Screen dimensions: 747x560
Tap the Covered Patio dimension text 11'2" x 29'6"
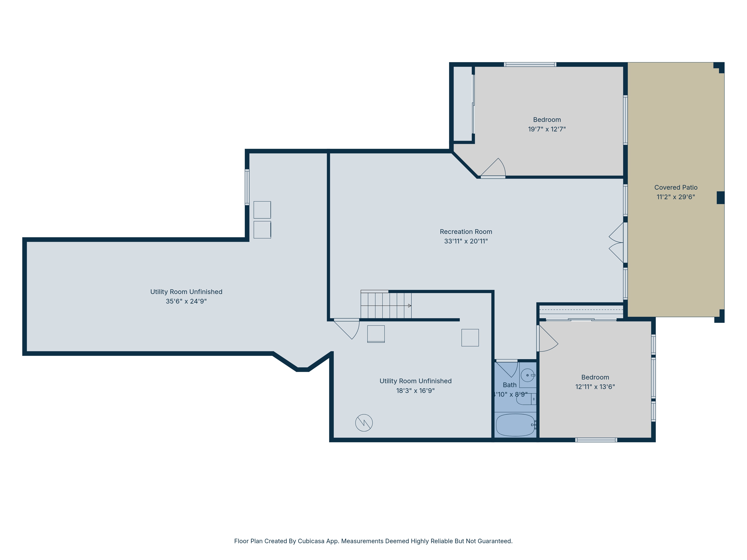(676, 197)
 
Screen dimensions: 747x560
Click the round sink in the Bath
(527, 375)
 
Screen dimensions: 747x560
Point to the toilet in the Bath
(526, 399)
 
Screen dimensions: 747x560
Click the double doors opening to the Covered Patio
(617, 242)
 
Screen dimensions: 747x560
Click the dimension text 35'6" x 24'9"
(186, 301)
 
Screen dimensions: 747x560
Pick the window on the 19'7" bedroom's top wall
(530, 64)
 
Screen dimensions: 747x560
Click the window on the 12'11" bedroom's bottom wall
(596, 440)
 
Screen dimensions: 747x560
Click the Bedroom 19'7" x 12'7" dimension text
(547, 129)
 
